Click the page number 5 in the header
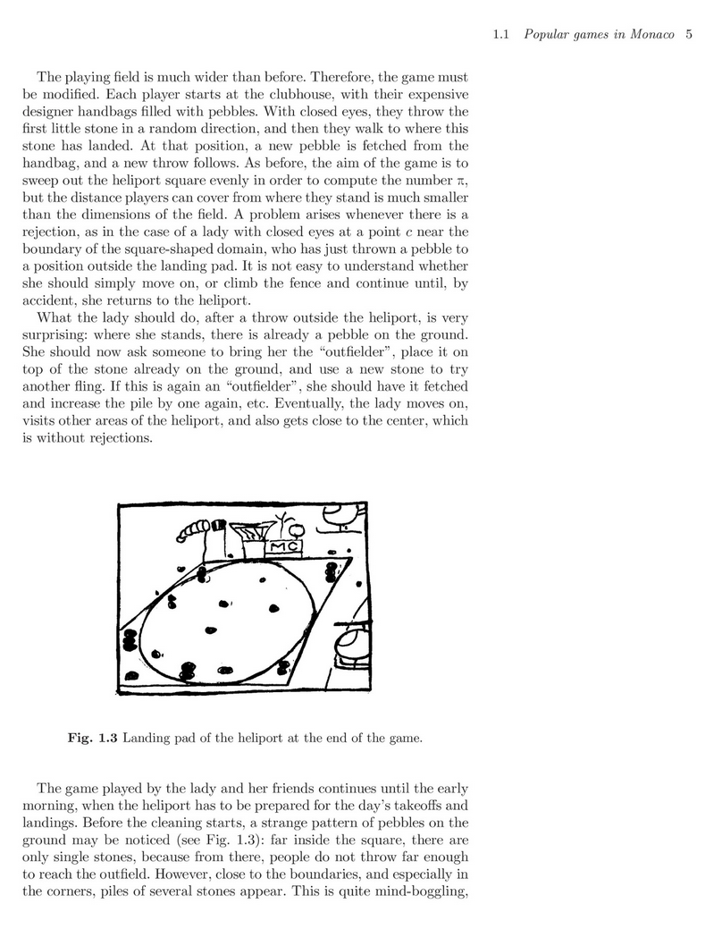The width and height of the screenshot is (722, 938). click(x=689, y=36)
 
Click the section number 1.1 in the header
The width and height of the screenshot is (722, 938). click(x=501, y=36)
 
